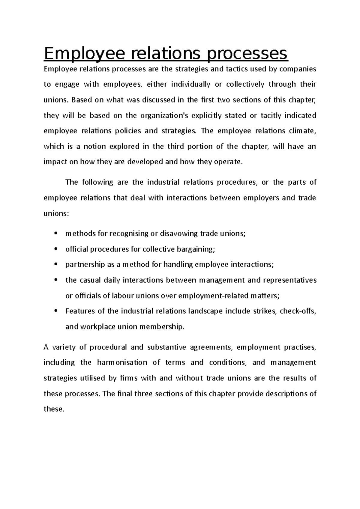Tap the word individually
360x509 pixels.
click(190, 85)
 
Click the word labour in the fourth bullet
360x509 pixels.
click(122, 296)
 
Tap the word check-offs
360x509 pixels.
click(298, 311)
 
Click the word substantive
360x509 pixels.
click(166, 347)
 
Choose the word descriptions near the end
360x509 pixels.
click(286, 394)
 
